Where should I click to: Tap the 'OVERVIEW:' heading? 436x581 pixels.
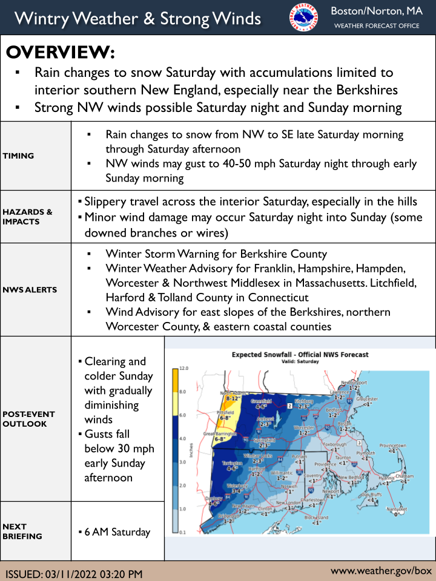pyautogui.click(x=60, y=53)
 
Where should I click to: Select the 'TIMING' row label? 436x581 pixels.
pyautogui.click(x=18, y=156)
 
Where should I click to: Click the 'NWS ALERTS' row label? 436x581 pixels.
pyautogui.click(x=30, y=290)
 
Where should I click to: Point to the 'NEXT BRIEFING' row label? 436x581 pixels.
pyautogui.click(x=22, y=531)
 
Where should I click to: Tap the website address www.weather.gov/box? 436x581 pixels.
pyautogui.click(x=381, y=571)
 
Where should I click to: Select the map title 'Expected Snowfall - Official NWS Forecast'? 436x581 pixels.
pyautogui.click(x=300, y=355)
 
